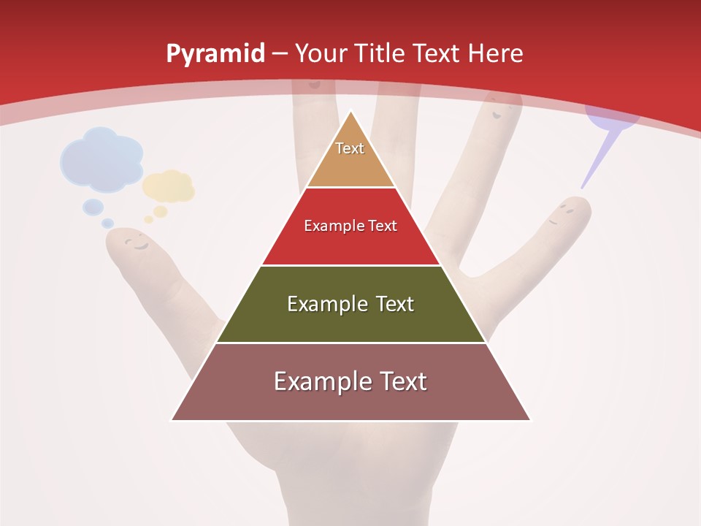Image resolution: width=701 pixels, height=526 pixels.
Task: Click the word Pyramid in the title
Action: [215, 54]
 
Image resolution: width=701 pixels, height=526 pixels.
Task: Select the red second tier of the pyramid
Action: [350, 245]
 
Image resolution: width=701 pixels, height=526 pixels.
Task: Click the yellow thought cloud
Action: [169, 186]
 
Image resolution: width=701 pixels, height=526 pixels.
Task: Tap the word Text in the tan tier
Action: [350, 148]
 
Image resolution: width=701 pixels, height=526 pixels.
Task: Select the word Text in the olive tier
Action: [394, 304]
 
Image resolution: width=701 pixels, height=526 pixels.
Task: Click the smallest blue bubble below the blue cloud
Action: [108, 223]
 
